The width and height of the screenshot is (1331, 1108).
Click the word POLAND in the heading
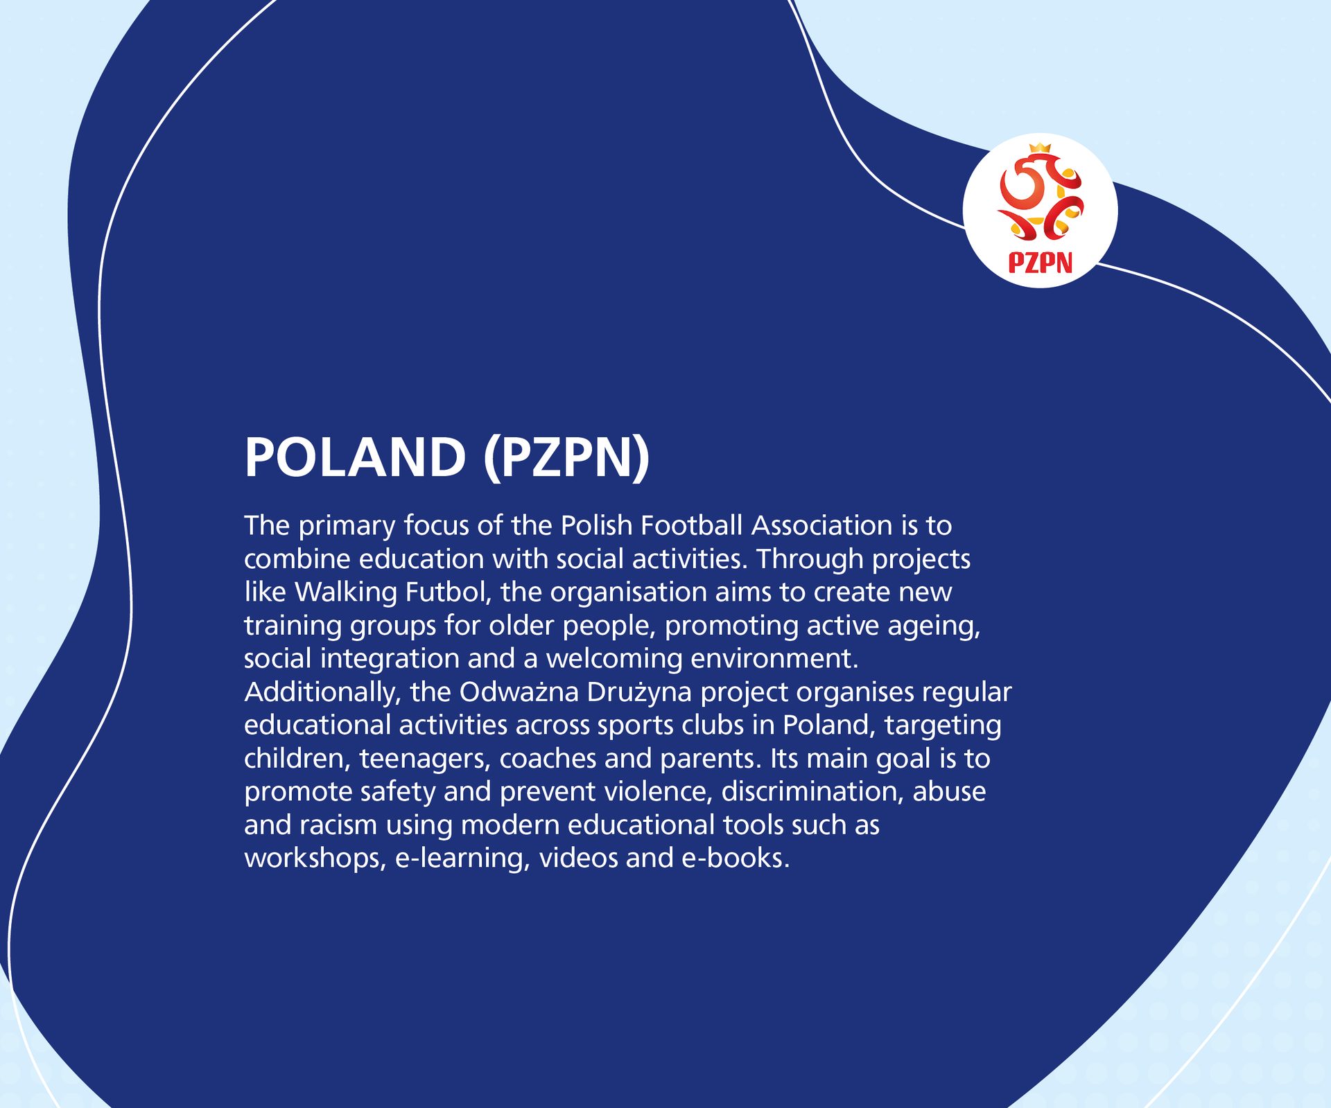point(355,457)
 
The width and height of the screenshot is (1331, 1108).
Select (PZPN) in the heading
point(566,457)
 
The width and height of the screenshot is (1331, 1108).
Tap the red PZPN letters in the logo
point(1040,263)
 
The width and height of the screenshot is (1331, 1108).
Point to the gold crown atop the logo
point(1040,148)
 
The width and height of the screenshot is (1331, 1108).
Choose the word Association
point(822,526)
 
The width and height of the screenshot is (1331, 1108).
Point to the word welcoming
point(614,659)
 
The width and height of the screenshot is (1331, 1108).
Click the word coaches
point(548,759)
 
